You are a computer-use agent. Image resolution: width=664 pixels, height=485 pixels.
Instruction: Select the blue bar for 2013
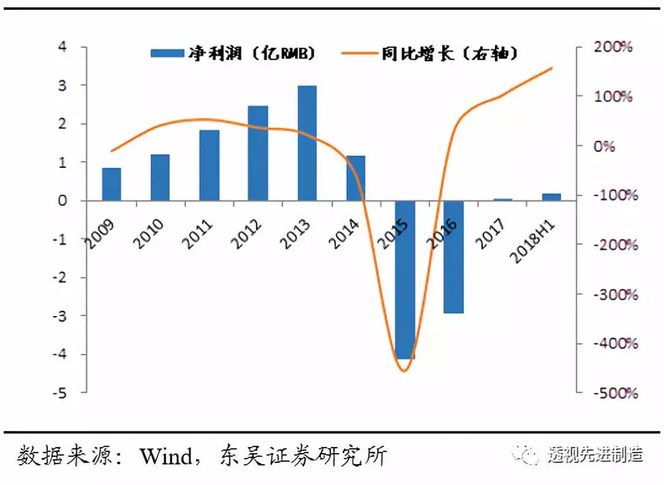[307, 143]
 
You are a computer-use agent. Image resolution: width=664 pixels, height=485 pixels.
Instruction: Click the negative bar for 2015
[405, 280]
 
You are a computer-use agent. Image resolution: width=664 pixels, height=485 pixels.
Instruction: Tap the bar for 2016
[453, 257]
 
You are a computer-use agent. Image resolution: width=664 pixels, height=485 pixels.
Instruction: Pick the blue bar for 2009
[111, 184]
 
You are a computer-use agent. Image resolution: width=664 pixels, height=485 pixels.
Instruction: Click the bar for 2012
[258, 153]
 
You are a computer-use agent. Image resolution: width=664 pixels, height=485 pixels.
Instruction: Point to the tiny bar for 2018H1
[551, 197]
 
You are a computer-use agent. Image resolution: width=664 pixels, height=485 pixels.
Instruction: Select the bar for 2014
[355, 178]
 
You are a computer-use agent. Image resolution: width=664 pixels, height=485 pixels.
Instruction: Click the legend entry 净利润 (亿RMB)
[234, 54]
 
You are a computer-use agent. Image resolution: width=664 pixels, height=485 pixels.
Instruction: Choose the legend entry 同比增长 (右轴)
[430, 54]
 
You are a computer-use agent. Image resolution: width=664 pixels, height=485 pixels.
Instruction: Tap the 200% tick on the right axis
[611, 47]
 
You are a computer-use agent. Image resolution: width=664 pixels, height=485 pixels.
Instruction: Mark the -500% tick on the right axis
[611, 392]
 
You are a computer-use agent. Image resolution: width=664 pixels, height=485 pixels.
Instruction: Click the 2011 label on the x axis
[199, 232]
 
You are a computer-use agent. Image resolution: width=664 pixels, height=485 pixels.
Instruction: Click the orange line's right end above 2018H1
[552, 68]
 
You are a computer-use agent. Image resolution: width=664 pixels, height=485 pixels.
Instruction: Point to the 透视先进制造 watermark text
[595, 455]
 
